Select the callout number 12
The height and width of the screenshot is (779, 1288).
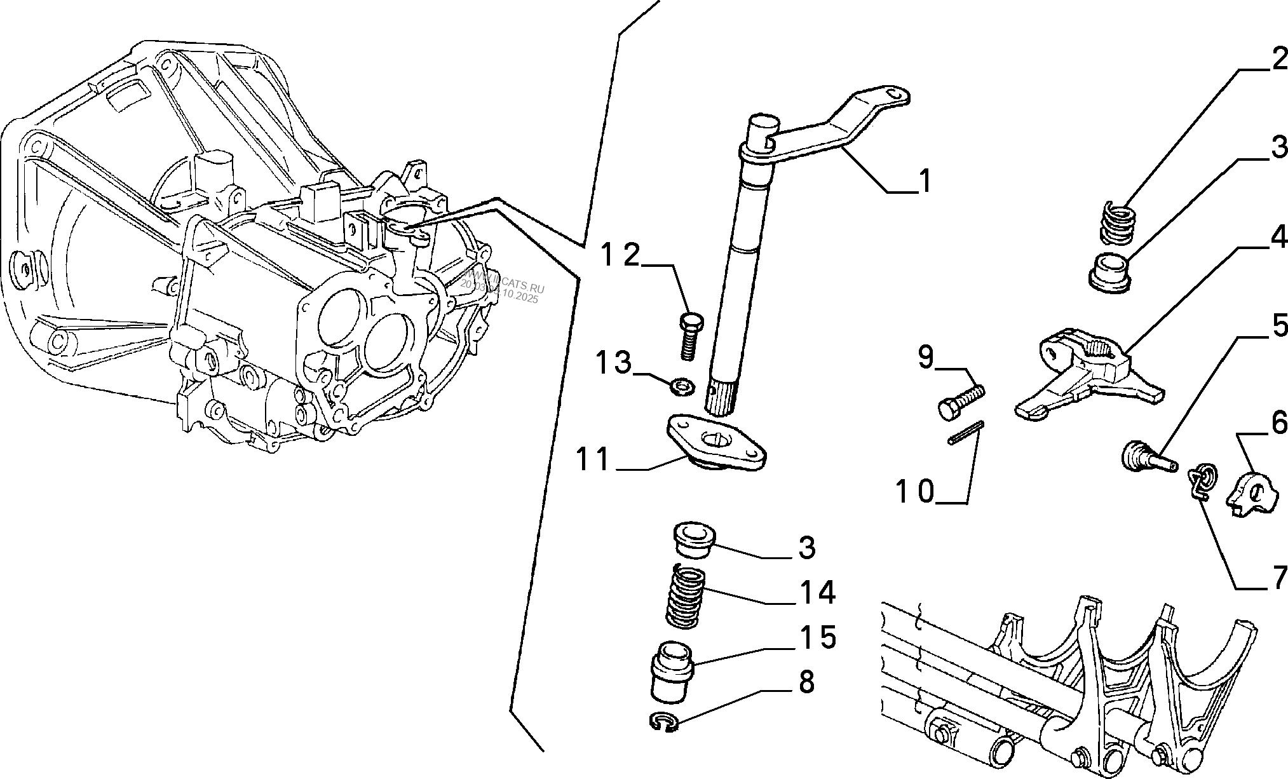tap(621, 256)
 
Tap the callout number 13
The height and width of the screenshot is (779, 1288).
tap(613, 364)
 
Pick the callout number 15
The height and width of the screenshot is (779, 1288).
tap(818, 638)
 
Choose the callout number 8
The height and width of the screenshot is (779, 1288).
tap(806, 682)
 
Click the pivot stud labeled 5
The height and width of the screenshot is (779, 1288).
tap(1147, 460)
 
